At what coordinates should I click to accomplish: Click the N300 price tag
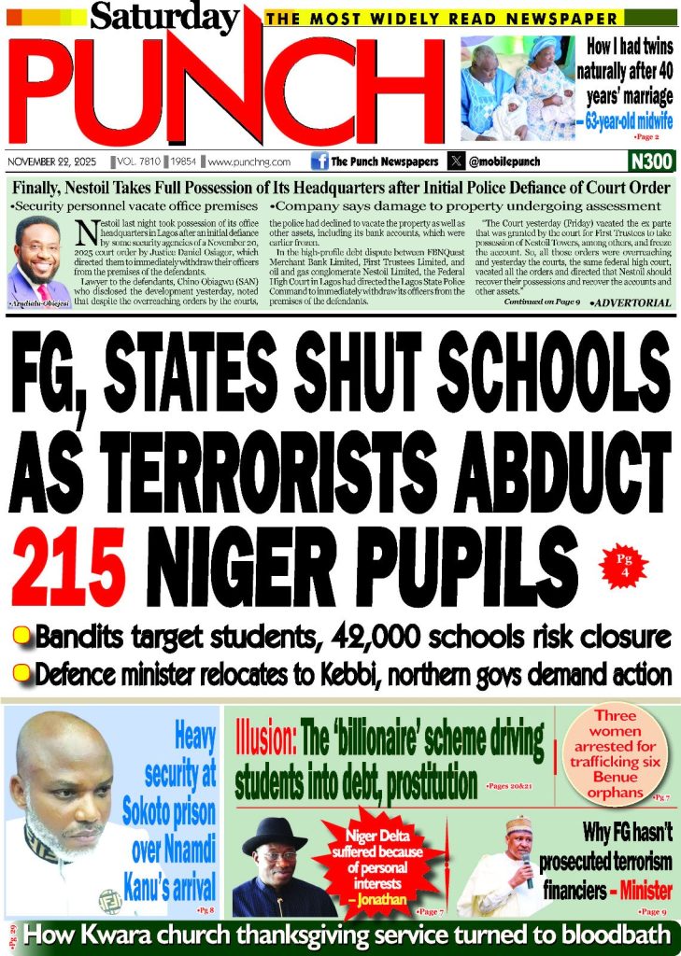click(x=651, y=161)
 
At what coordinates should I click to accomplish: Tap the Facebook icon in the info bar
click(x=318, y=161)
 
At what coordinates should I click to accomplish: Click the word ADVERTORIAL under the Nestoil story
click(x=631, y=303)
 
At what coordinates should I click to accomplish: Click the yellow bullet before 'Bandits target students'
click(x=20, y=637)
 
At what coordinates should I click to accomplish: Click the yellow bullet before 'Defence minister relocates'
click(x=20, y=672)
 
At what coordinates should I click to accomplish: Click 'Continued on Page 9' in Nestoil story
click(x=542, y=303)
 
